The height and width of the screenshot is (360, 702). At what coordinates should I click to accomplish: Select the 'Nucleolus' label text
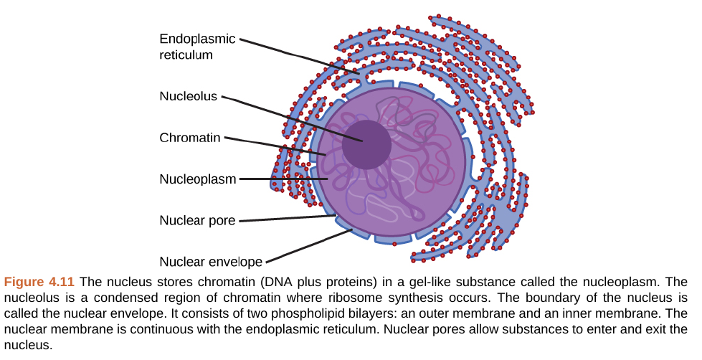[x=188, y=96]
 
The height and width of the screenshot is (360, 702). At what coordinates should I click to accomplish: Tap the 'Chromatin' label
[x=189, y=138]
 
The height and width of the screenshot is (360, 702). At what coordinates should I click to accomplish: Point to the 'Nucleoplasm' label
[x=197, y=179]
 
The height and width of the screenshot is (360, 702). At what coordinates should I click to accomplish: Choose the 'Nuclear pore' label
[x=197, y=221]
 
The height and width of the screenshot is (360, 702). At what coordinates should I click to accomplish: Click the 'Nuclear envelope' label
[x=211, y=262]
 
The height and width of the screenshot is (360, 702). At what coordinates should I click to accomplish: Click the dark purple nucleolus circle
[x=366, y=144]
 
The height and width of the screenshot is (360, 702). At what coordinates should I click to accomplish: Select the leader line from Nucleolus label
[x=287, y=115]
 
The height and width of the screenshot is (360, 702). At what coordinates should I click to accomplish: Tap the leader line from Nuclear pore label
[x=287, y=219]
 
